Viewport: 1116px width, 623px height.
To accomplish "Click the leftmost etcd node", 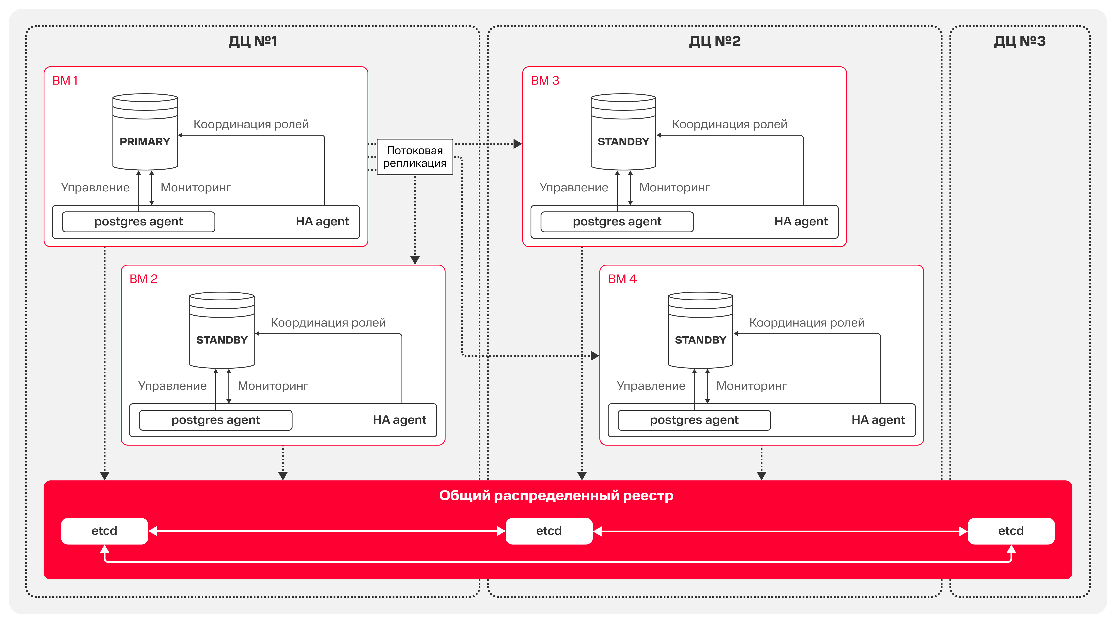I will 104,531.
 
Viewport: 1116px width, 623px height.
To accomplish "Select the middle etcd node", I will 549,531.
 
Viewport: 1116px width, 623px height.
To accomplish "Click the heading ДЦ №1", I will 253,41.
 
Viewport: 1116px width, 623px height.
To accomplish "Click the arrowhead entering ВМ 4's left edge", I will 595,356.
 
